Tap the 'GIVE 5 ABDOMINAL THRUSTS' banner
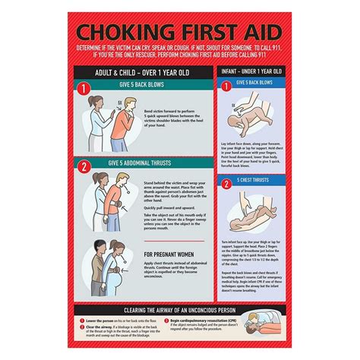click(147, 163)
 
